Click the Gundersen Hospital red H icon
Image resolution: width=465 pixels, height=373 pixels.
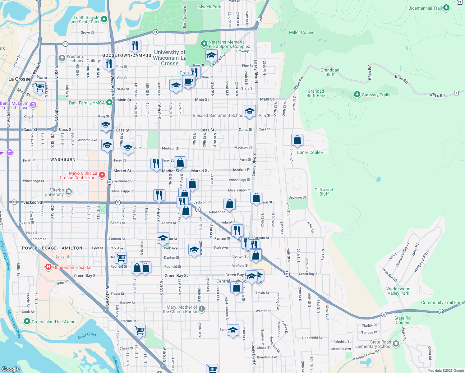pos(48,267)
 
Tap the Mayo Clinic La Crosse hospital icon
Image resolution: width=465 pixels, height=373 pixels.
pos(102,175)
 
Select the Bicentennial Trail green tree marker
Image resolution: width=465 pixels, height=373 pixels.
pos(446,8)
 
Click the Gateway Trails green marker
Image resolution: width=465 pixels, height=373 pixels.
pos(357,94)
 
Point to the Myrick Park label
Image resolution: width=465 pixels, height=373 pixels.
pos(209,7)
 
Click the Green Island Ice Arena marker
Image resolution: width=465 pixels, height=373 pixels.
pos(27,321)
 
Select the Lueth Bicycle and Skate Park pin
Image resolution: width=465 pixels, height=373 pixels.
pos(104,19)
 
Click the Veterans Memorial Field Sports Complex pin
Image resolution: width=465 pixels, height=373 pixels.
pos(204,44)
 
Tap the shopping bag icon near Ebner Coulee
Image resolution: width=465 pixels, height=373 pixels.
pos(297,140)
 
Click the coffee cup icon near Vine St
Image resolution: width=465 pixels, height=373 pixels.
pos(188,82)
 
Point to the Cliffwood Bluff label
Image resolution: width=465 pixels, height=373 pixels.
pos(324,192)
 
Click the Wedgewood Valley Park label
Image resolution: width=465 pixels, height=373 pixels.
pos(398,291)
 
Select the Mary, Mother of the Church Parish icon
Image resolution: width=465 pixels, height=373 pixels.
pos(202,309)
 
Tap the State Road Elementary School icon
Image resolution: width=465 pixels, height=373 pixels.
pos(396,343)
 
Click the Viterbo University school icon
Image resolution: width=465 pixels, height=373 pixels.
pos(69,192)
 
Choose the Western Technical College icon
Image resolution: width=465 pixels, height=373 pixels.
pos(62,58)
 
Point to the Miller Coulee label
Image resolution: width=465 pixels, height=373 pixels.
pos(302,32)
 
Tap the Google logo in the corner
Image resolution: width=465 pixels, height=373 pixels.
pos(11,369)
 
